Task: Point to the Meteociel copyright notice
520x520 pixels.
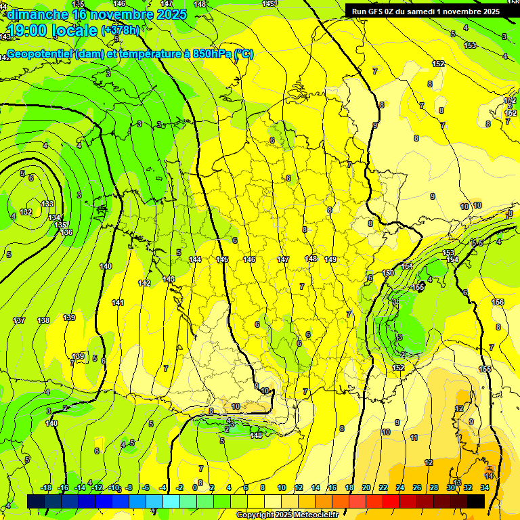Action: point(287,515)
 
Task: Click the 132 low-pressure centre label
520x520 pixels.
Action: point(26,212)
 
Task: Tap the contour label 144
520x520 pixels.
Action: point(195,259)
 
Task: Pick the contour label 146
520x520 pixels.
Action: point(249,259)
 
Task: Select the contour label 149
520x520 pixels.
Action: point(330,259)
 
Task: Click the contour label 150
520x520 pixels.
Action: point(388,273)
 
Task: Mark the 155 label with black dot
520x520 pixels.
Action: point(418,287)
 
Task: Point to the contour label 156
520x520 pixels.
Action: point(498,302)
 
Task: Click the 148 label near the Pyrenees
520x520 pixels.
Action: point(256,435)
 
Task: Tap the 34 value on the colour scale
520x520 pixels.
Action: point(485,487)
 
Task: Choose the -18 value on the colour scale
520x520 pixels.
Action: point(47,487)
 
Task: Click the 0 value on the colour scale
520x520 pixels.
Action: point(194,487)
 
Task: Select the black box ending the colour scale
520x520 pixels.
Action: point(476,501)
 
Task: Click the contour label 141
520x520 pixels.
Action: point(118,303)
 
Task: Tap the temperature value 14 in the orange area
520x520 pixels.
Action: point(489,475)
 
